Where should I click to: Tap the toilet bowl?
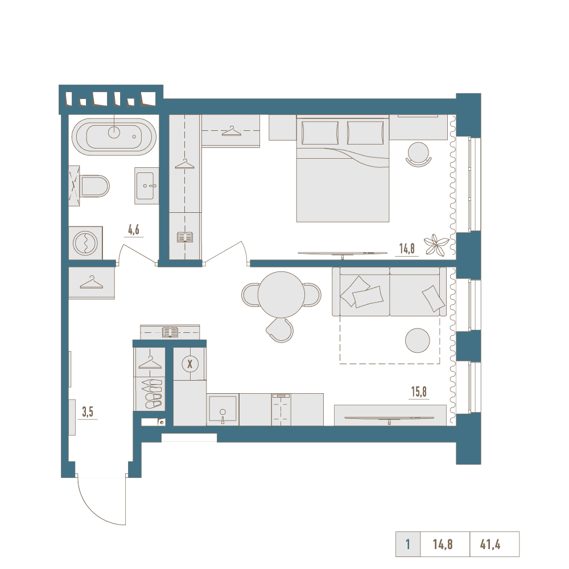coord(95,186)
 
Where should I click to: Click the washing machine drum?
coord(85,243)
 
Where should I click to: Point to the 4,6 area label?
coord(134,230)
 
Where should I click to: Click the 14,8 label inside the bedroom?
coord(407,249)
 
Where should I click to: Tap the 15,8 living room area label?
coord(419,392)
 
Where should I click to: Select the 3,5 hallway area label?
coord(88,412)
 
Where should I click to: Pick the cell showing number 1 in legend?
coord(408,545)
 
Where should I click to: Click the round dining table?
coord(281,294)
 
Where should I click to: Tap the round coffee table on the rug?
coord(417,340)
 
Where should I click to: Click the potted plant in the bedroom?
coord(436,245)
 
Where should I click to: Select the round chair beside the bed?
coord(418,154)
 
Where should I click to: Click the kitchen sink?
coord(222,410)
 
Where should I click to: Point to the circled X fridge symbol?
coord(189,364)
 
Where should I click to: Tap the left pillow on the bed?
coord(320,133)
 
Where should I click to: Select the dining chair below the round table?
coord(280,329)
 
